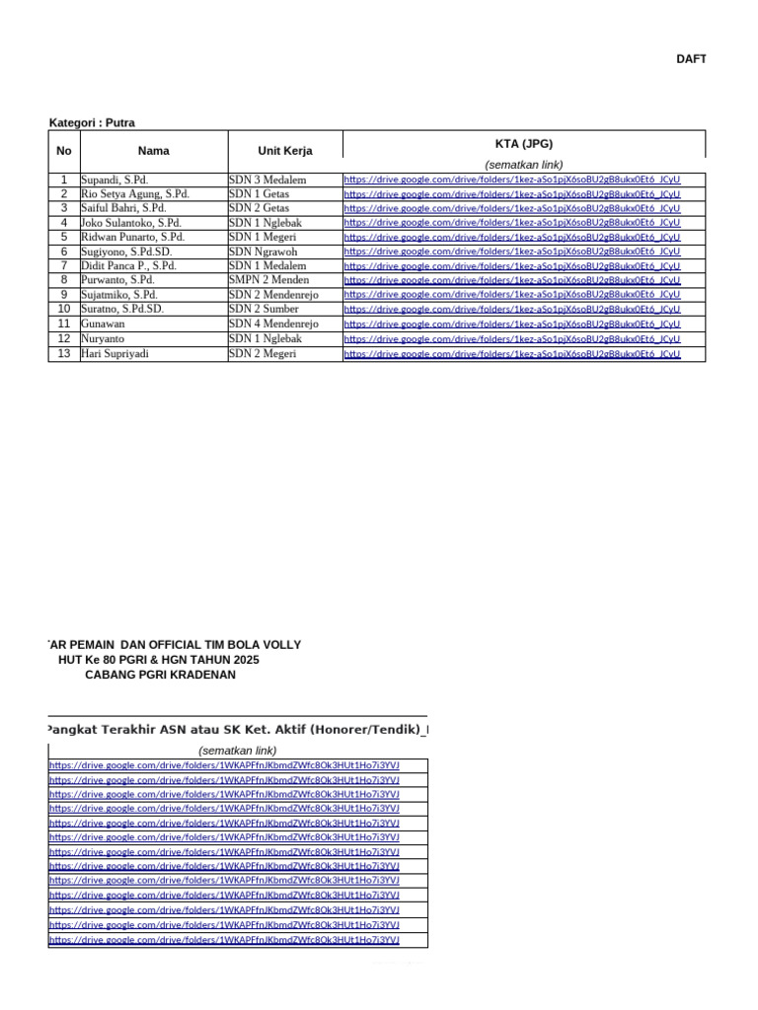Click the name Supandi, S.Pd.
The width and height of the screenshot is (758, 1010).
(114, 180)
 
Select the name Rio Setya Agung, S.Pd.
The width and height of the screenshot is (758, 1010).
(134, 194)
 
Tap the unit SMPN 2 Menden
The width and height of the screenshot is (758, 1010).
(268, 280)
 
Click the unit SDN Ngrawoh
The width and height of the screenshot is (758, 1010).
(263, 252)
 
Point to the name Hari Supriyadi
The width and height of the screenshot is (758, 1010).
(115, 353)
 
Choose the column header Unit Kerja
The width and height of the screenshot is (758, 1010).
(285, 151)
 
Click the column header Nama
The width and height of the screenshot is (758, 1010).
(154, 151)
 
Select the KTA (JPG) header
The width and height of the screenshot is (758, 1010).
(524, 143)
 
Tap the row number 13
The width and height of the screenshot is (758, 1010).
(64, 353)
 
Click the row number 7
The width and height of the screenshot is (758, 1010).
(64, 266)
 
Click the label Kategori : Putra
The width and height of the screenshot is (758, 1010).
(92, 123)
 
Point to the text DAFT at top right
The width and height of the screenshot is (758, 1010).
(691, 59)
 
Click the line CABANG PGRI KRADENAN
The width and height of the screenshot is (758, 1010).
(160, 675)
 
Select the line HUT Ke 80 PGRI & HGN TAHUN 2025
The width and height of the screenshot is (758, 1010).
(159, 660)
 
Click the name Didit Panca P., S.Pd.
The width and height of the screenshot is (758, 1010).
(128, 266)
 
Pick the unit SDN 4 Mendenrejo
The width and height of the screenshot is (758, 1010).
(273, 324)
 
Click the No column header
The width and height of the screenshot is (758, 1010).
(64, 151)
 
